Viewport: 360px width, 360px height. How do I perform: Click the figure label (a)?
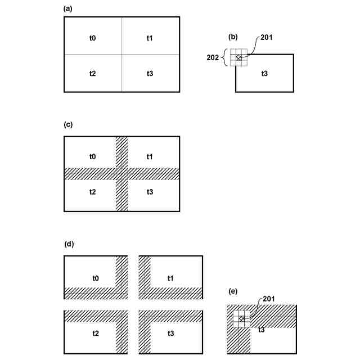pos(68,8)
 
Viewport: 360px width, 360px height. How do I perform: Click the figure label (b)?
pos(233,37)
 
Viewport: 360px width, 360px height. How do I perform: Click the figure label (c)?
pos(68,124)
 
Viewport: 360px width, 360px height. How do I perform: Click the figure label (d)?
pos(68,244)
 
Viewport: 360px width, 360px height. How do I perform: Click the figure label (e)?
pos(233,291)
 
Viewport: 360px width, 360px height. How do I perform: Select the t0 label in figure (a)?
pos(93,38)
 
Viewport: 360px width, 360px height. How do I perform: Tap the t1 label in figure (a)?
pos(150,38)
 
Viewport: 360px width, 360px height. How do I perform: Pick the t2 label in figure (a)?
pos(93,74)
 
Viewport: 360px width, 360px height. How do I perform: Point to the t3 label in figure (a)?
pos(150,74)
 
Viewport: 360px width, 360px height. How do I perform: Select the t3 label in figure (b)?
pos(264,73)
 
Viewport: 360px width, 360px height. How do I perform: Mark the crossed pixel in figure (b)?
pos(238,58)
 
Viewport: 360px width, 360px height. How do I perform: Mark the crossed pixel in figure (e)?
pos(241,319)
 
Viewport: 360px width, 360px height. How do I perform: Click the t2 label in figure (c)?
pos(93,192)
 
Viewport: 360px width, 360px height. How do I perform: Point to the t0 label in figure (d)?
pos(96,278)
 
